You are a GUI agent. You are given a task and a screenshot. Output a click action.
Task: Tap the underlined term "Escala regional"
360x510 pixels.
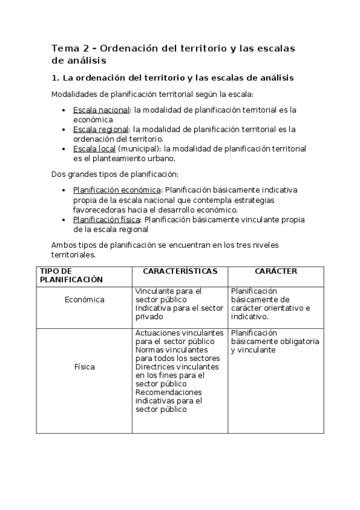[100, 129]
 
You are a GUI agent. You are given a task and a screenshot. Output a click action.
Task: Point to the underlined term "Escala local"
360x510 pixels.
[94, 148]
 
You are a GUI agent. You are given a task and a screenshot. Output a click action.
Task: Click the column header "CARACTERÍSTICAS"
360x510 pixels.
[180, 272]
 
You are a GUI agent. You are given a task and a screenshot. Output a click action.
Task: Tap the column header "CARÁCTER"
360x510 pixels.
[276, 272]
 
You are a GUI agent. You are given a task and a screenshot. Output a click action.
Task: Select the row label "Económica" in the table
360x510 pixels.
[85, 300]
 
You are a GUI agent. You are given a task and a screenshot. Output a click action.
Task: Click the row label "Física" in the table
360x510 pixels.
[85, 366]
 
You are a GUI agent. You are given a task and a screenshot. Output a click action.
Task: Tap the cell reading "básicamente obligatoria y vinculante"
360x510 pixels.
[275, 341]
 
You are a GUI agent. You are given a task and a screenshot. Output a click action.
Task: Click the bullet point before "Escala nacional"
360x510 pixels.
[64, 111]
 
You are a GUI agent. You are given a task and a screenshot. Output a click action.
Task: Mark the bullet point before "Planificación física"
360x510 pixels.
[64, 220]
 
